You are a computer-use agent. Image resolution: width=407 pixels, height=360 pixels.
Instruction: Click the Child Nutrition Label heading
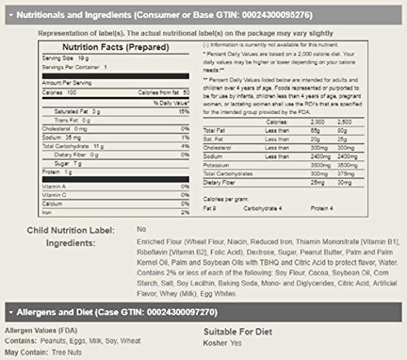point(54,230)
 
